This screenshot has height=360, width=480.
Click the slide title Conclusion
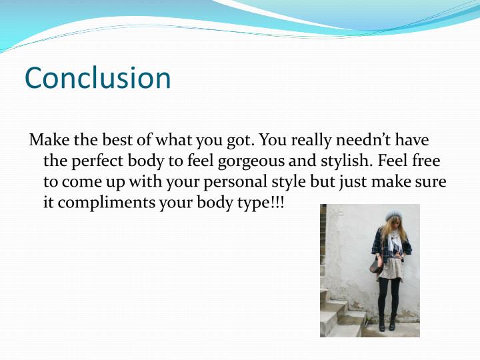coord(98,78)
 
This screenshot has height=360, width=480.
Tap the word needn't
coord(369,141)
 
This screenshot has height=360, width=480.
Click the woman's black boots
coord(389,321)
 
